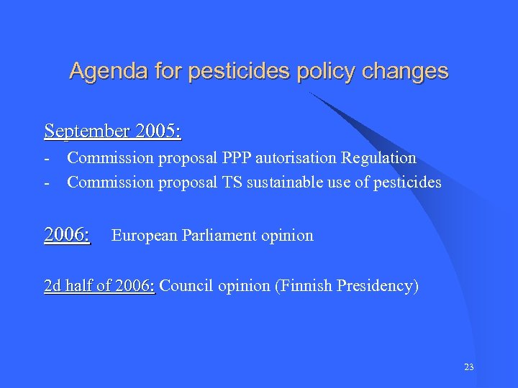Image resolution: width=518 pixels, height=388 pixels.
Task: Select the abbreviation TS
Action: pyautogui.click(x=230, y=183)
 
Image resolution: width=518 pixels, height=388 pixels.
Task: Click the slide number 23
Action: pyautogui.click(x=469, y=367)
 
